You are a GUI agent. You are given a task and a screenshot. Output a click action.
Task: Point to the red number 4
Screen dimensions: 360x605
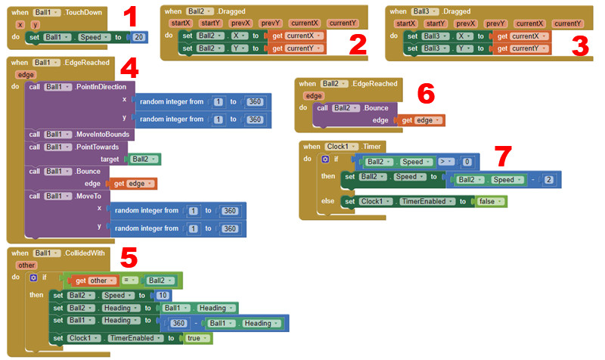click(x=129, y=70)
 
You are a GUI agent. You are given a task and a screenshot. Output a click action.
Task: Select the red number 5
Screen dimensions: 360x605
click(x=129, y=259)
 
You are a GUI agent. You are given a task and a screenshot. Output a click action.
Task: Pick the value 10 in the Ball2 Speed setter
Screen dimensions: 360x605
click(x=163, y=295)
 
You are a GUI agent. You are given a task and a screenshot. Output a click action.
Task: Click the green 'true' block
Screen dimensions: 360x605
click(x=194, y=338)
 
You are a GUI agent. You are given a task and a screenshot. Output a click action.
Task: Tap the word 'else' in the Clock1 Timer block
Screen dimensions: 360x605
click(x=328, y=201)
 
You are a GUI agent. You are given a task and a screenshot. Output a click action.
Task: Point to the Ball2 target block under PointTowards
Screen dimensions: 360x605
click(x=144, y=160)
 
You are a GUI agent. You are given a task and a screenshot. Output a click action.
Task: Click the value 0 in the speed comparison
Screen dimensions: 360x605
click(x=467, y=162)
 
